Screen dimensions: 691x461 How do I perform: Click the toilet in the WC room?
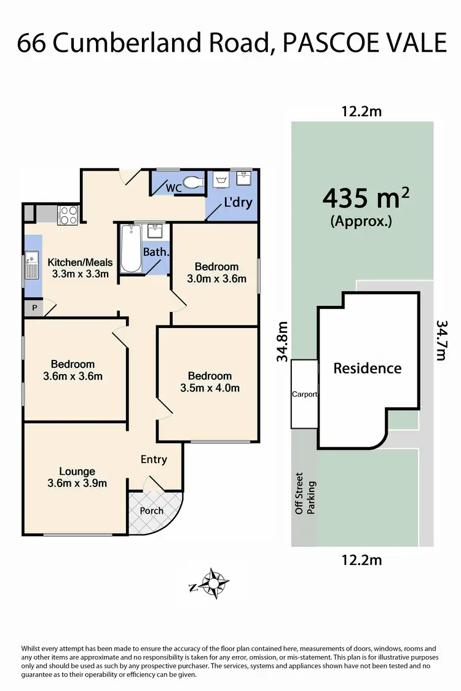coord(194,182)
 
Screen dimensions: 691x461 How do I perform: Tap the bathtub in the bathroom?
coord(130,249)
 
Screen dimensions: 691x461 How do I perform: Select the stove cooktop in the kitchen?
coord(67,214)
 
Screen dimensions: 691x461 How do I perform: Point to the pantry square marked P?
coord(34,308)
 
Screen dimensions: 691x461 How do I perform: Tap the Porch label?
coord(152,510)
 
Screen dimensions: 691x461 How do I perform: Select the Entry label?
coord(154,459)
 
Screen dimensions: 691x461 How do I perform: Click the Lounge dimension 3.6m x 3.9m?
coord(77,483)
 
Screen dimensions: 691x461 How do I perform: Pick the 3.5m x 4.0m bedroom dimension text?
coord(210,388)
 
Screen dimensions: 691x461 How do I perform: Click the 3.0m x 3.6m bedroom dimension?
coord(216,278)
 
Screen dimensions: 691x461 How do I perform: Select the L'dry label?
coord(238,202)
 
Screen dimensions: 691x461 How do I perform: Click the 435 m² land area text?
coord(366,198)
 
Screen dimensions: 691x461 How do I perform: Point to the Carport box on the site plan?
coord(304,394)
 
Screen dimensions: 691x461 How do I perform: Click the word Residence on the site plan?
coord(367,368)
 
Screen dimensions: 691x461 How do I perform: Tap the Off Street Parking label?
coord(305,493)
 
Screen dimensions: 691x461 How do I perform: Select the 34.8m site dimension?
coord(282,342)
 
